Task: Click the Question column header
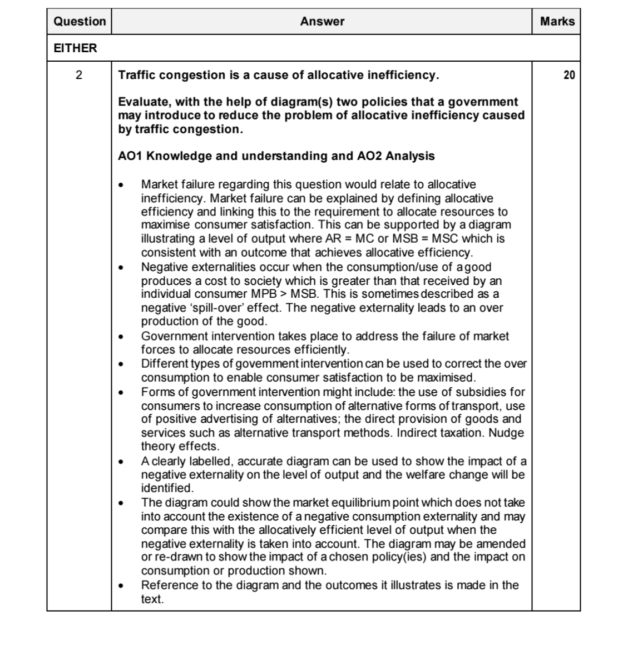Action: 80,22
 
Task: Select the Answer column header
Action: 322,22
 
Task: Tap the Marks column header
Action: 557,22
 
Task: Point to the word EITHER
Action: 75,48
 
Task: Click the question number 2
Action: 79,76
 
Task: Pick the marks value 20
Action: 569,76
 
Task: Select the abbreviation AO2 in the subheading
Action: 369,156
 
